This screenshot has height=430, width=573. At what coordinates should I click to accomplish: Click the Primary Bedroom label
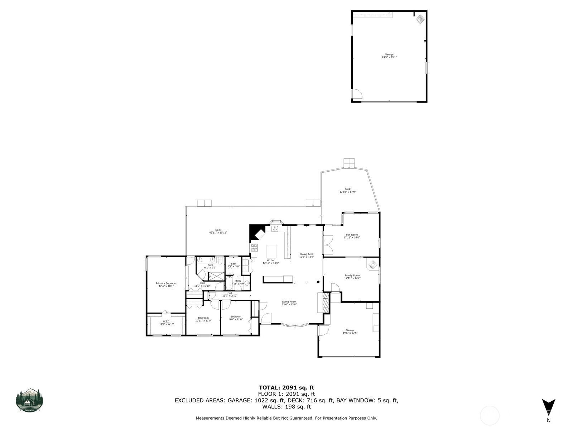point(166,283)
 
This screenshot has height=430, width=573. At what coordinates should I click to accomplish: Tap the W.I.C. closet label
point(167,321)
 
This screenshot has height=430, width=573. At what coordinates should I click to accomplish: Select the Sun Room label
point(351,235)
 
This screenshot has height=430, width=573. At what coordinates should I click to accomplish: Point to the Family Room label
point(352,276)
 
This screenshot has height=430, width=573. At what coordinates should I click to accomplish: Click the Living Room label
point(289,302)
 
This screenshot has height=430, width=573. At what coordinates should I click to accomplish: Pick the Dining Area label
point(307,254)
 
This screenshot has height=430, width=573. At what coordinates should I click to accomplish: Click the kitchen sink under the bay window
point(275,229)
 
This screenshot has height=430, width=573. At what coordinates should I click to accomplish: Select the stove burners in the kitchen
point(254,247)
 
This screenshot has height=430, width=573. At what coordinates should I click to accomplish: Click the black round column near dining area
point(318,282)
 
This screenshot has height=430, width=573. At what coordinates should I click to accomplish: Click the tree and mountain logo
point(29,400)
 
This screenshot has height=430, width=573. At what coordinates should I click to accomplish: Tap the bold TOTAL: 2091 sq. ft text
point(286,387)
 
